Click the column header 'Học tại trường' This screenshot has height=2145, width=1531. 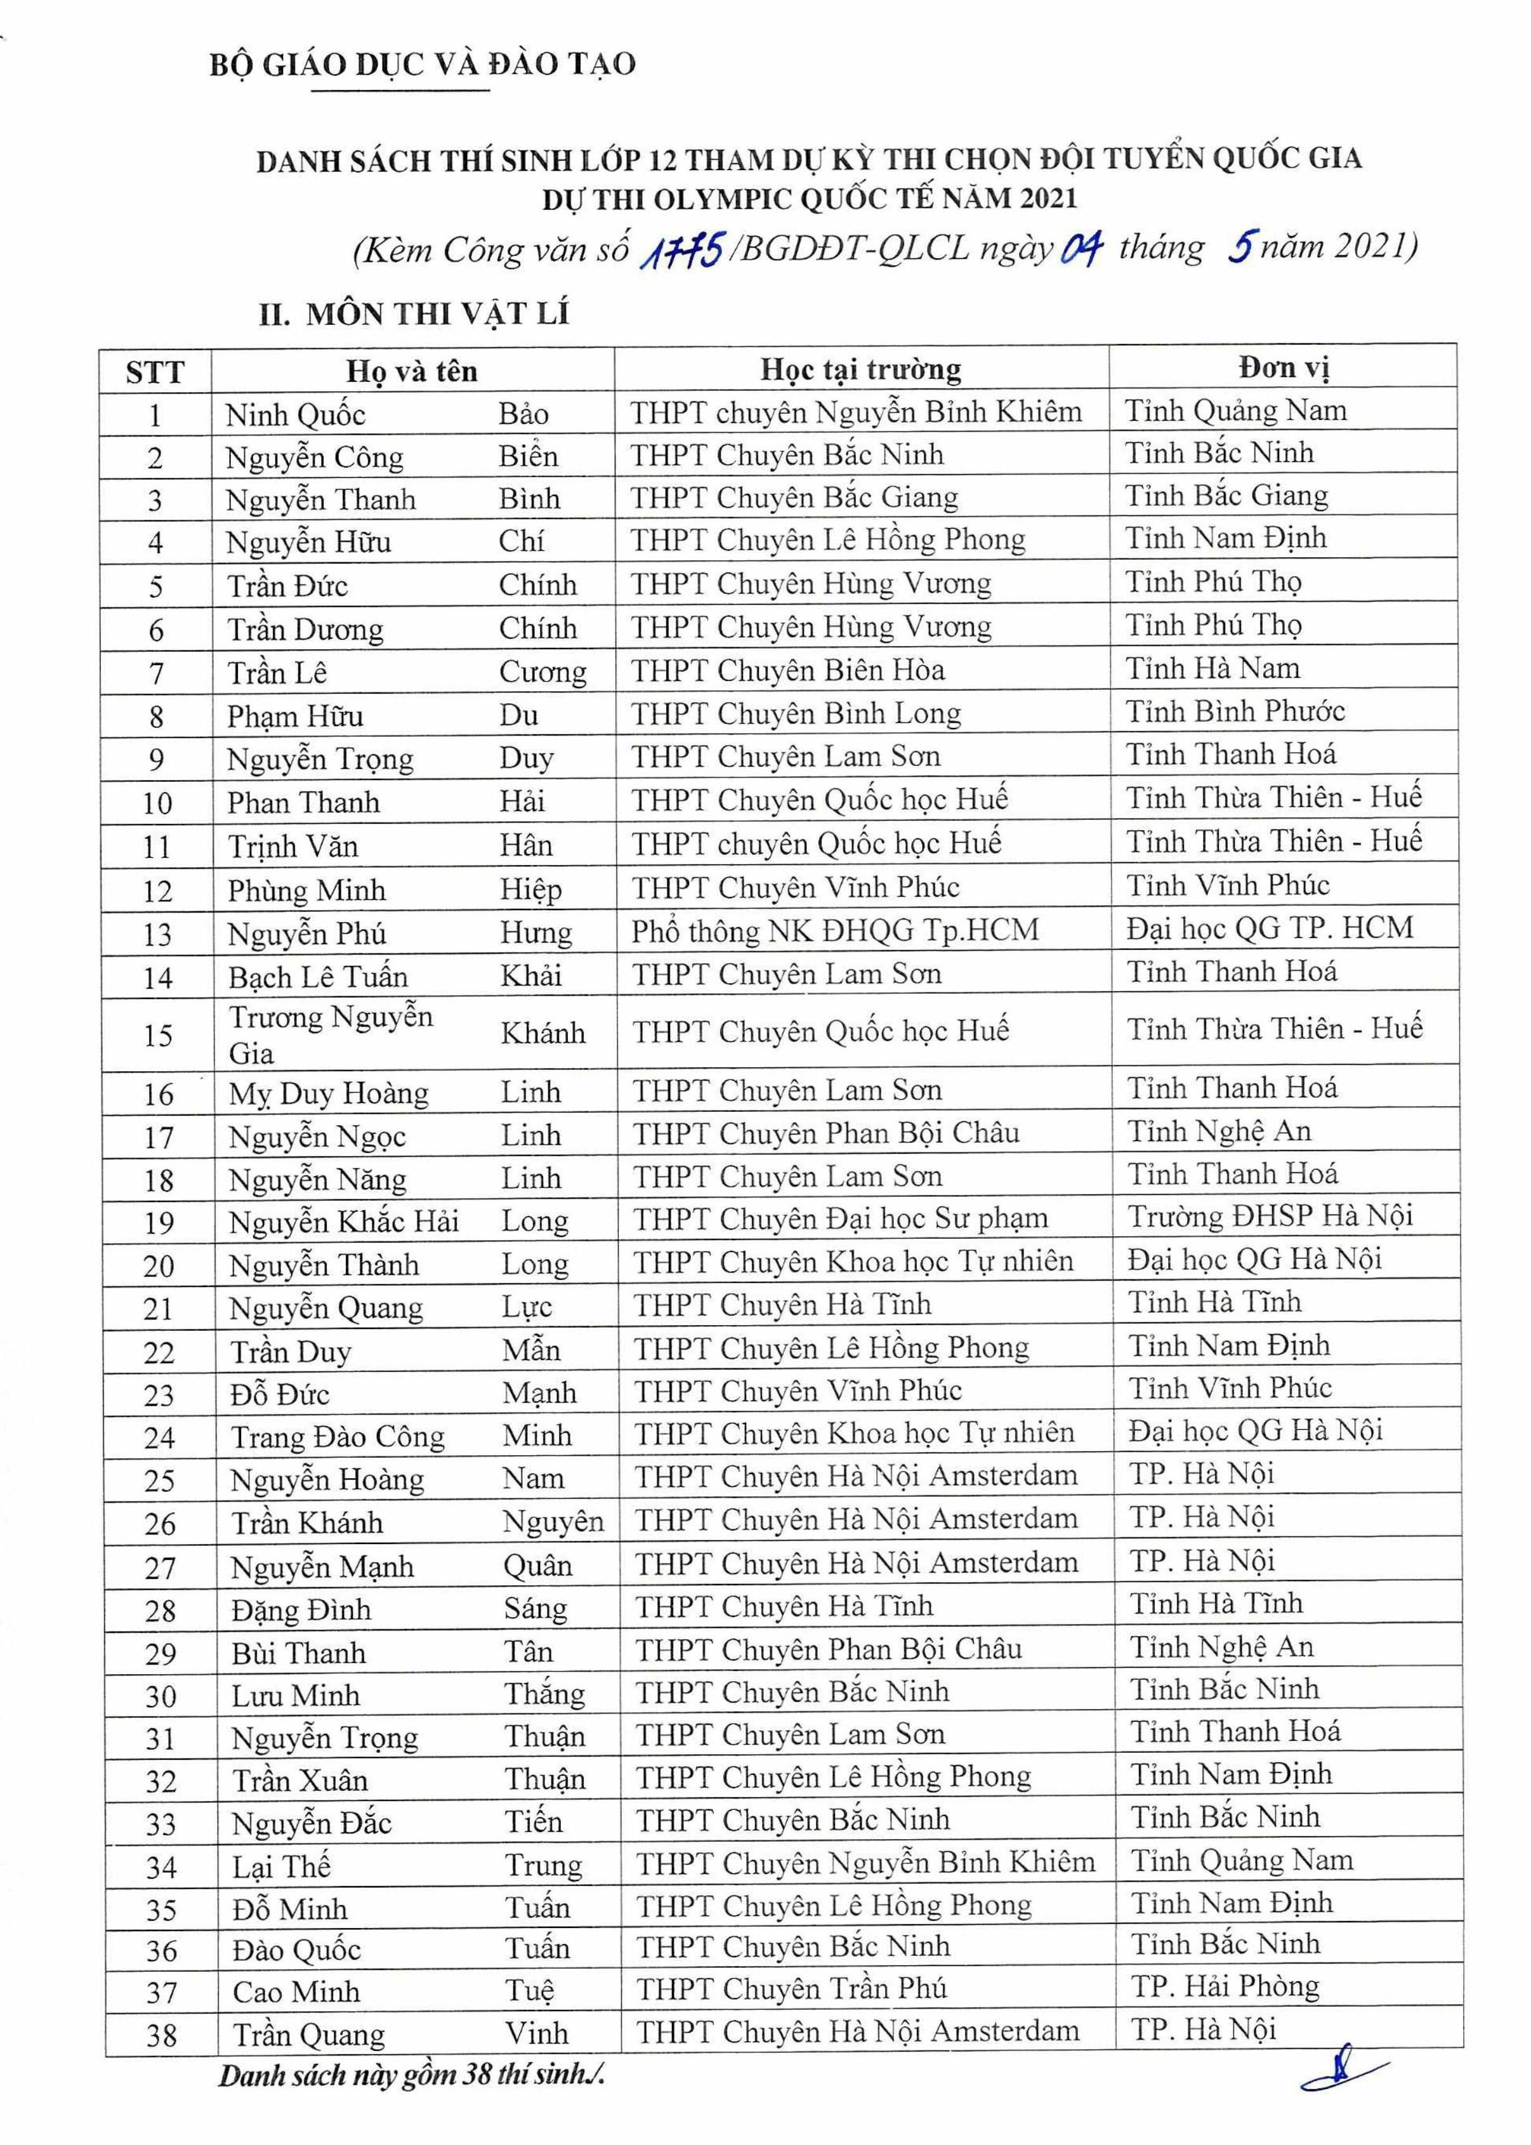[861, 369]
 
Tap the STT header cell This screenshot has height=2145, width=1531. [155, 373]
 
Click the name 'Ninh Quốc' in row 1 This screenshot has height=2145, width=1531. [295, 415]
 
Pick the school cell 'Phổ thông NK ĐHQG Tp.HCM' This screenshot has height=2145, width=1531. [834, 930]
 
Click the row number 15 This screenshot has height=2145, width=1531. [159, 1035]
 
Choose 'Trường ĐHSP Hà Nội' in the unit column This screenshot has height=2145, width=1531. [1269, 1217]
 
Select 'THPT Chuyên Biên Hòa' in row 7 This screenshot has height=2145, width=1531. [787, 670]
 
